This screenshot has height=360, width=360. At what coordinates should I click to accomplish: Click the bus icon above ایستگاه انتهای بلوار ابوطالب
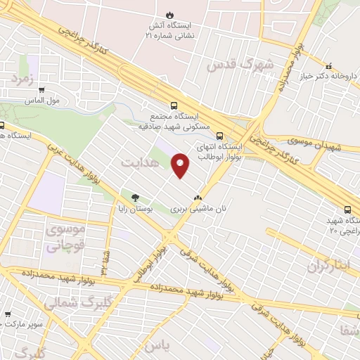pos(220,136)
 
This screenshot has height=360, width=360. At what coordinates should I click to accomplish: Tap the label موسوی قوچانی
pos(65,238)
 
